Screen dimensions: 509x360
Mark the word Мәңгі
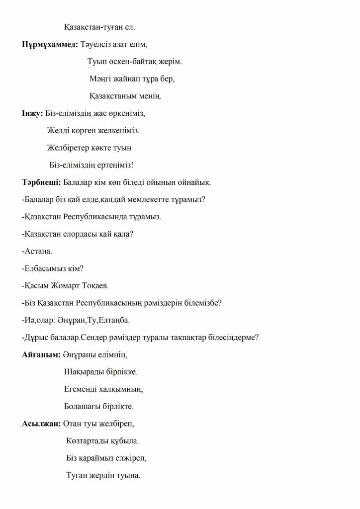tap(101, 79)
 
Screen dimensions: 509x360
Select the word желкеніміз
tap(115, 131)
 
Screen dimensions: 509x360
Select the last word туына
tap(128, 475)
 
